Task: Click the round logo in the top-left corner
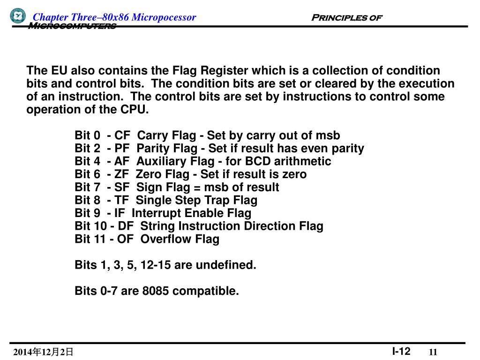click(x=18, y=16)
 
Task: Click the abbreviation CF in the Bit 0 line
click(x=122, y=135)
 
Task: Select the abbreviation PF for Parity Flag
click(x=122, y=149)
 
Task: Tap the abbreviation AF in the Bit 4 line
click(x=122, y=162)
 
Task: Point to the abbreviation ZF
click(x=121, y=174)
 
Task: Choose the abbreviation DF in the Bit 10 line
click(x=126, y=226)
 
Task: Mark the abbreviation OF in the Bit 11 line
click(x=126, y=239)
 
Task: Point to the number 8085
click(x=156, y=291)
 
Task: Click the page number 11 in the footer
click(x=433, y=352)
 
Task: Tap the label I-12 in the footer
click(x=401, y=351)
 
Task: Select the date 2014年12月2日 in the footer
click(x=43, y=352)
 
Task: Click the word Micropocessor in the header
click(x=164, y=17)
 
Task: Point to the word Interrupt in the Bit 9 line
click(x=155, y=213)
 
